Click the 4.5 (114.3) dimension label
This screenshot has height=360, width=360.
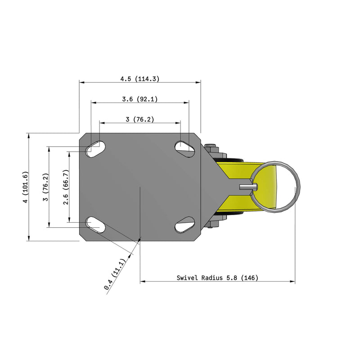[139, 79]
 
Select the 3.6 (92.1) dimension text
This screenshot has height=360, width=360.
[139, 99]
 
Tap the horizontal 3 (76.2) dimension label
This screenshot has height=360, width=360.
[139, 119]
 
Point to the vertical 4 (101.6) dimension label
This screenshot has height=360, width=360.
[26, 187]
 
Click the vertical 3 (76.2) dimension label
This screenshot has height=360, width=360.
[45, 187]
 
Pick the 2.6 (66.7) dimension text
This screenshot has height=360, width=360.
[66, 187]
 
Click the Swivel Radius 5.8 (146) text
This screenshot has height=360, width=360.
[217, 278]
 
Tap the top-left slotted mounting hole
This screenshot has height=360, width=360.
[95, 149]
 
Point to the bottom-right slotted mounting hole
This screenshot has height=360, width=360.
[184, 224]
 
